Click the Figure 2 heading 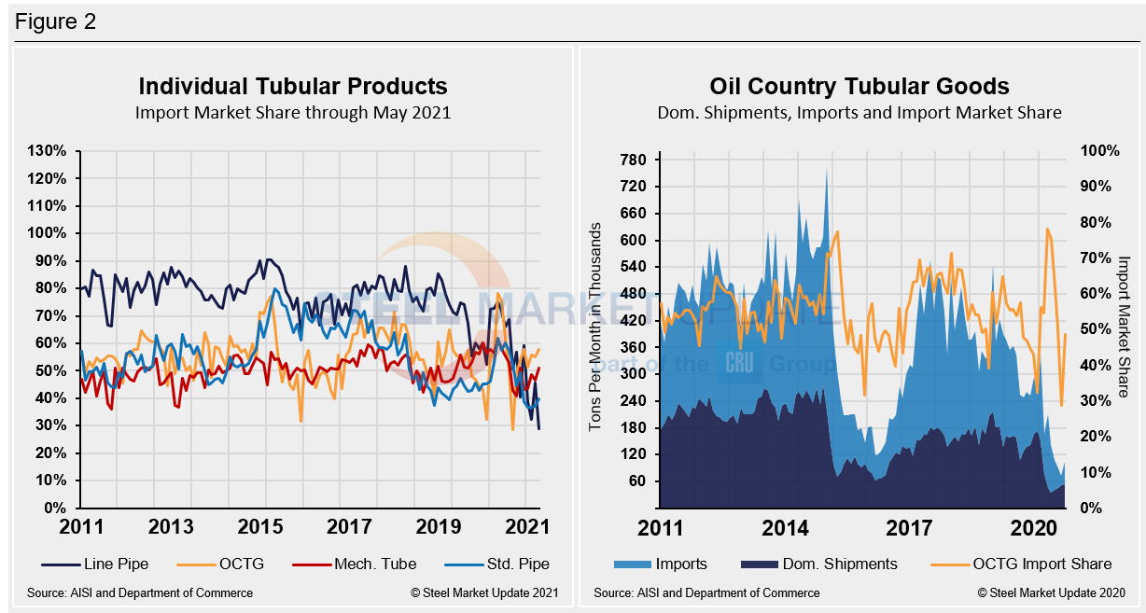(55, 21)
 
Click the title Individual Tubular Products (293, 87)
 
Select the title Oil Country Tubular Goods (859, 87)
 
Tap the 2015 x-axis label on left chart (260, 527)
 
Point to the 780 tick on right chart (633, 160)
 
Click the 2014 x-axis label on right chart (786, 527)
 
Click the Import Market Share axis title (1124, 327)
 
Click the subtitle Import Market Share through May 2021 (293, 113)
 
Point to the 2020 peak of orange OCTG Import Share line (1047, 228)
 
